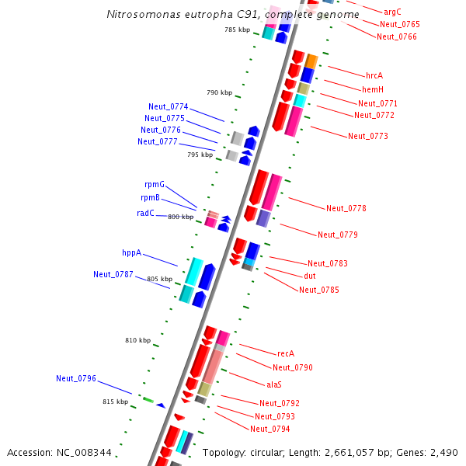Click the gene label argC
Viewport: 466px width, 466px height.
click(392, 12)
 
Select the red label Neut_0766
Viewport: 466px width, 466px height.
click(396, 37)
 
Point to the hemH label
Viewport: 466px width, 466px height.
click(373, 90)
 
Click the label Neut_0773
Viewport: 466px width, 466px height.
click(368, 136)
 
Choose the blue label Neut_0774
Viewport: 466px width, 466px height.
click(169, 106)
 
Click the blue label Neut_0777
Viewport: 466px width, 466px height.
click(158, 141)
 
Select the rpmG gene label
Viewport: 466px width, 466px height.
click(155, 184)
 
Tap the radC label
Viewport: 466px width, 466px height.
click(145, 213)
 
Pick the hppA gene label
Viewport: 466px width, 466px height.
click(131, 252)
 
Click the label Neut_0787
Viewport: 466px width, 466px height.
click(113, 274)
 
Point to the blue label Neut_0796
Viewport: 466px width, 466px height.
click(76, 378)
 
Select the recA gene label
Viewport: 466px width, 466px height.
click(286, 353)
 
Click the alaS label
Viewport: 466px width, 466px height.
click(274, 384)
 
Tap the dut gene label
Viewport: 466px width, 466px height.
click(309, 276)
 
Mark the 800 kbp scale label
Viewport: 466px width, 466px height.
click(180, 217)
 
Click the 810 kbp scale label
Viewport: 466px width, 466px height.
click(137, 340)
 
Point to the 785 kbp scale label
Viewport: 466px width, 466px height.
click(237, 30)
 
